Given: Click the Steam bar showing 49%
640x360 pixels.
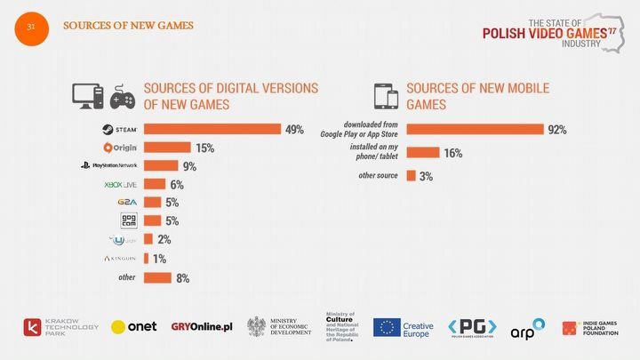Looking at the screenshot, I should pyautogui.click(x=212, y=130).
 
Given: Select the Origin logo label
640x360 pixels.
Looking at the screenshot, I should pyautogui.click(x=120, y=148).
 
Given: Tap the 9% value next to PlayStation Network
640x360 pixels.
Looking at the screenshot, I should pyautogui.click(x=190, y=166).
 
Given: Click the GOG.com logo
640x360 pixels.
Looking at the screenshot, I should pyautogui.click(x=128, y=221).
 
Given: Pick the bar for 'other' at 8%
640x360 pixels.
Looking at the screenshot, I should pyautogui.click(x=156, y=278).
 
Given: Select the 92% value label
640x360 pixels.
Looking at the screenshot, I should pyautogui.click(x=557, y=130).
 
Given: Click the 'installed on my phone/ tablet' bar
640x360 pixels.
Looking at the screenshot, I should pyautogui.click(x=423, y=153).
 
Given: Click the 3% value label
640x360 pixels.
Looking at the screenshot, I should pyautogui.click(x=426, y=177).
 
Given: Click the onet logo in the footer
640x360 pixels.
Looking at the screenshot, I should pyautogui.click(x=133, y=327).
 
